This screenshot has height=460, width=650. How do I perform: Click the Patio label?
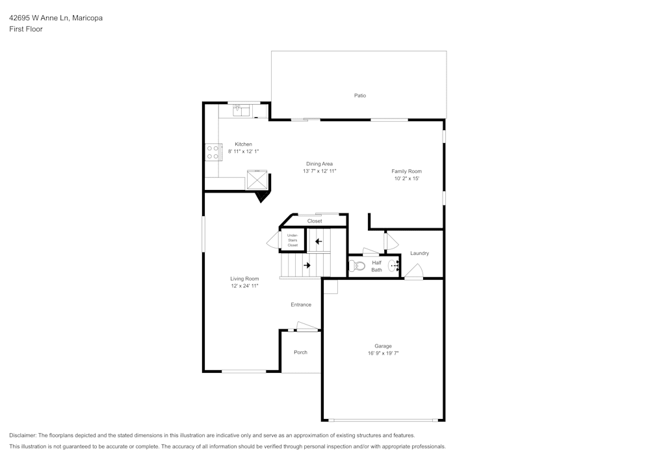coord(359,96)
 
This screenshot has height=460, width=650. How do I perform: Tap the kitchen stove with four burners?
coord(213,152)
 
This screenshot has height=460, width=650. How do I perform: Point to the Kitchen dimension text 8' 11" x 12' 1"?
coord(243,152)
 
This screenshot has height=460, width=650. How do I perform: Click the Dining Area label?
coord(319,164)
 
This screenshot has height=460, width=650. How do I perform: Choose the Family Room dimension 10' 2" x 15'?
coord(406,178)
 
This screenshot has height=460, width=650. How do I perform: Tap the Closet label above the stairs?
coord(315,221)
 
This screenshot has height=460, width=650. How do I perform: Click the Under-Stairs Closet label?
coord(292,240)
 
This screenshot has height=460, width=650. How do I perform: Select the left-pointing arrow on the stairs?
coord(318,241)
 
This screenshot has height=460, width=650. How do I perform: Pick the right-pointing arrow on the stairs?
coord(307,265)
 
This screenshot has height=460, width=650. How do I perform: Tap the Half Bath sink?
coord(394,265)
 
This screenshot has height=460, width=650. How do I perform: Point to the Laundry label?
coord(419,253)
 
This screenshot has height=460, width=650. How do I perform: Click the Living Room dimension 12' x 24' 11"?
coord(244,286)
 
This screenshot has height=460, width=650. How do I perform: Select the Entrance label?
coord(300,304)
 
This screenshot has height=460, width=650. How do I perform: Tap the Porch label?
coord(300,352)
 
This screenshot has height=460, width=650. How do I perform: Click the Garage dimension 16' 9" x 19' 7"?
coord(383,353)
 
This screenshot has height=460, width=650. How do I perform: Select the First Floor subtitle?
coord(26,29)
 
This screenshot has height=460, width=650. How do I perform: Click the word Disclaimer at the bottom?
coord(23,435)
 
